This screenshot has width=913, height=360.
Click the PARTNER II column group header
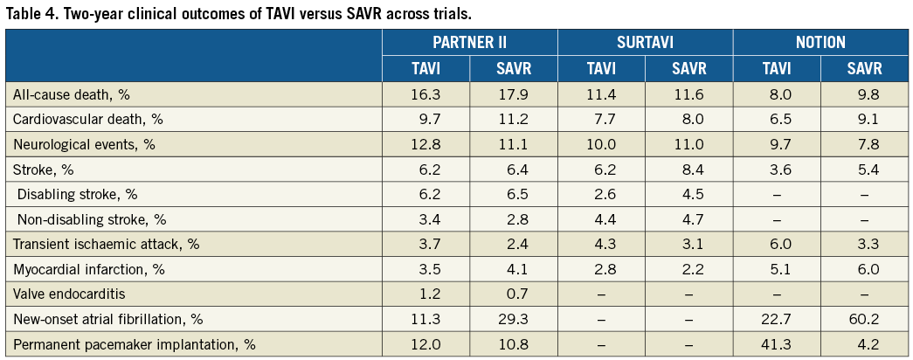pyautogui.click(x=470, y=43)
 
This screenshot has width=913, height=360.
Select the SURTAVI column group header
pyautogui.click(x=645, y=43)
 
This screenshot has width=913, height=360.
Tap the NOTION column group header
pyautogui.click(x=820, y=43)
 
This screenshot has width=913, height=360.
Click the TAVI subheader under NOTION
pyautogui.click(x=776, y=68)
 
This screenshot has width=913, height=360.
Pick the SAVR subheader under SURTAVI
pyautogui.click(x=688, y=68)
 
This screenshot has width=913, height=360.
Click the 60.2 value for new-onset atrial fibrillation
pyautogui.click(x=863, y=318)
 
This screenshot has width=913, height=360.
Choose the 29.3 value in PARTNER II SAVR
pyautogui.click(x=514, y=318)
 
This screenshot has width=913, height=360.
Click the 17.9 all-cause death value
pyautogui.click(x=514, y=93)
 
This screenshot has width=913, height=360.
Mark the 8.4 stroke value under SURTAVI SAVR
pyautogui.click(x=688, y=169)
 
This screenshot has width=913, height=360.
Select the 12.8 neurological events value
pyautogui.click(x=426, y=143)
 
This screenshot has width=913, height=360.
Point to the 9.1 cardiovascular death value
pyautogui.click(x=863, y=119)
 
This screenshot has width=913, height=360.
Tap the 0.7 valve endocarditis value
pyautogui.click(x=514, y=293)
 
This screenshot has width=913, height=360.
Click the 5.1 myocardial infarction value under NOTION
pyautogui.click(x=776, y=268)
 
